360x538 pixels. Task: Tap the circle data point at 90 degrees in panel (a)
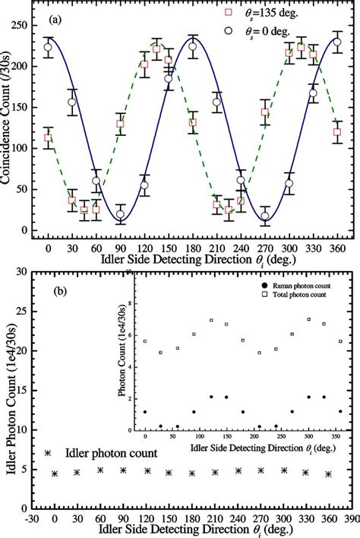[x=120, y=215]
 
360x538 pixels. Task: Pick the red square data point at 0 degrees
[x=49, y=138]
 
